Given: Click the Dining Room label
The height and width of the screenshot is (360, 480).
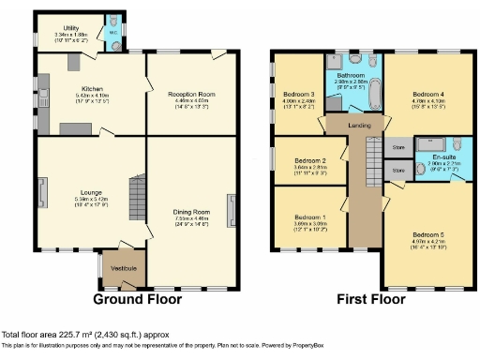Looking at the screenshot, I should (191, 213).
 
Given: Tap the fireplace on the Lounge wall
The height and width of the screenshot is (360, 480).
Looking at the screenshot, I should (42, 192).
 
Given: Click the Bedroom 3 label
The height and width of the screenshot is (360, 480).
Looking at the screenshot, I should (298, 95).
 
